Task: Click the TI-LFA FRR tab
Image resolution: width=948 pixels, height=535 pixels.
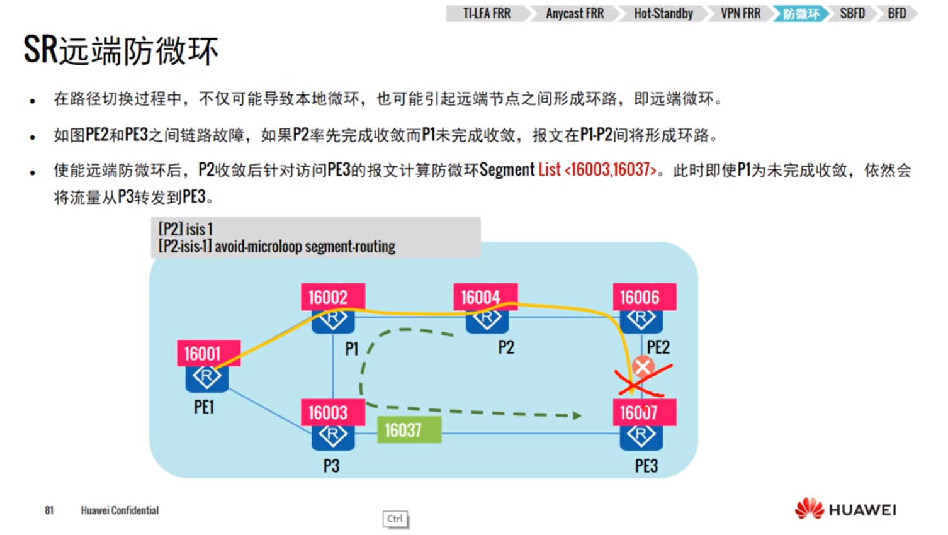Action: coord(487,13)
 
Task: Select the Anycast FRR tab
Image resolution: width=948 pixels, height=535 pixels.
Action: coord(574,13)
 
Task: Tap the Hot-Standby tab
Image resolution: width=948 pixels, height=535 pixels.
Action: coord(663,13)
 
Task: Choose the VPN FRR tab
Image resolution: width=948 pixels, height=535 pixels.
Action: coord(740,13)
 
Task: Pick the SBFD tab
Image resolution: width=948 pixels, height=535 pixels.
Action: coord(852,13)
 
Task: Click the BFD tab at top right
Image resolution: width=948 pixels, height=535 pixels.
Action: coord(897,13)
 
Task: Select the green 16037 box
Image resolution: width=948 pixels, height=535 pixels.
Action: coord(409,430)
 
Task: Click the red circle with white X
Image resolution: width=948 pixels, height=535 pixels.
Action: coord(643,366)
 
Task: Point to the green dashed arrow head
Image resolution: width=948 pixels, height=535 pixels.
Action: coord(577,415)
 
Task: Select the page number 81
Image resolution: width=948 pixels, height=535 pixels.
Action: coord(49,510)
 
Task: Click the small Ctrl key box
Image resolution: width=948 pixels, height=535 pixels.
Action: coord(395,519)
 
